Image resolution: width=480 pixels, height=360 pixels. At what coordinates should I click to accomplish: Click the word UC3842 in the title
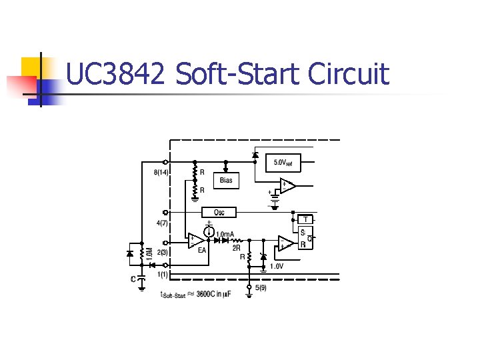(115, 73)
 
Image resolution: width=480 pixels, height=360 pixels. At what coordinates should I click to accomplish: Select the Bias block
(226, 181)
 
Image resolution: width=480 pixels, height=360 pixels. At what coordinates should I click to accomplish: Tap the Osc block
(219, 212)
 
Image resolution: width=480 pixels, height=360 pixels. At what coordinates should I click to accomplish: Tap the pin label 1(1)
(162, 273)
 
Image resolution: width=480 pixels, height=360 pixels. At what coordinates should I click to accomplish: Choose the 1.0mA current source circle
(209, 233)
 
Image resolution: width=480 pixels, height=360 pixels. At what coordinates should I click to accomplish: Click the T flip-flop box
(305, 219)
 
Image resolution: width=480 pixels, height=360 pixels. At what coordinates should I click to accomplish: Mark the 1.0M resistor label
(149, 255)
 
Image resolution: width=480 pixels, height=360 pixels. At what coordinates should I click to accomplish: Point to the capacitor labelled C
(141, 280)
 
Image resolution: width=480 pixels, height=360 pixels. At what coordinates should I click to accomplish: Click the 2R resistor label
(236, 247)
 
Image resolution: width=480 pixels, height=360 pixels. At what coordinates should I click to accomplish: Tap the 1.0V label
(276, 266)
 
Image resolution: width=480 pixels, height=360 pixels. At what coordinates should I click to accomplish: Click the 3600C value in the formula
(209, 295)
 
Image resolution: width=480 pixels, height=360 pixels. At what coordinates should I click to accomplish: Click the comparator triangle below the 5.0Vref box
(287, 186)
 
